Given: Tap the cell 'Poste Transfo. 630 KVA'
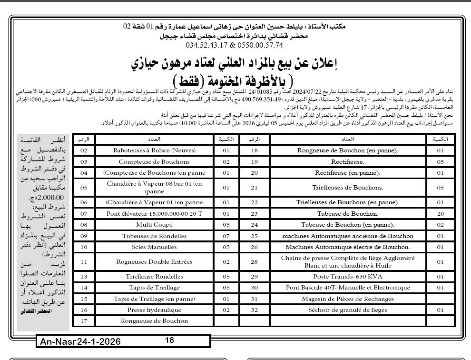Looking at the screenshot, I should (x=348, y=277).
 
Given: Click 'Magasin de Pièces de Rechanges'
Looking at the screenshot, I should (x=348, y=299).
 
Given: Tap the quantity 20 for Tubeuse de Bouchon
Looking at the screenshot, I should (x=440, y=214).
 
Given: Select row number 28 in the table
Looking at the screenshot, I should (x=254, y=261).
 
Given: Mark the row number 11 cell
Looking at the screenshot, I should (x=84, y=261).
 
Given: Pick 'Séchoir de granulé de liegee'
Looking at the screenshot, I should (x=348, y=310).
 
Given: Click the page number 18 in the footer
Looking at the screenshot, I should (x=170, y=340).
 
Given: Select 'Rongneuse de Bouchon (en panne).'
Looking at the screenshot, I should (x=348, y=150).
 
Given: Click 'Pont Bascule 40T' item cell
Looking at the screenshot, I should (x=348, y=288).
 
